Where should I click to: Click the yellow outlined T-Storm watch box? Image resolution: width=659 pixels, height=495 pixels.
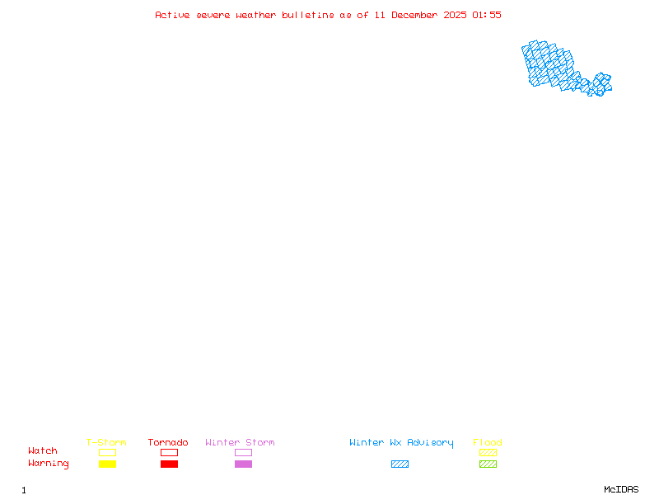107,452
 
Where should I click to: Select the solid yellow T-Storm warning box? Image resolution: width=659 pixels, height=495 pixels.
107,464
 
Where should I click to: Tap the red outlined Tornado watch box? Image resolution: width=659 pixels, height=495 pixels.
169,452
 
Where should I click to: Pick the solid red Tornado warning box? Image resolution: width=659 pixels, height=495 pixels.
169,464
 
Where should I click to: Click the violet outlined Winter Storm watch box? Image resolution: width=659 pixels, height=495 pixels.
243,452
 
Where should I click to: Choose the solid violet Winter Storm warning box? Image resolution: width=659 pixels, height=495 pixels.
243,464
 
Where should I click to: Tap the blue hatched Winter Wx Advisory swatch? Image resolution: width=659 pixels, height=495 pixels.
400,464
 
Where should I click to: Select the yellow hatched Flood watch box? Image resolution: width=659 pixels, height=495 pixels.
488,452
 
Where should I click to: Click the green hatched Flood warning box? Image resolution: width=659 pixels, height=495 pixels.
488,464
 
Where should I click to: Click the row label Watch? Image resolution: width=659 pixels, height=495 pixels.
43,451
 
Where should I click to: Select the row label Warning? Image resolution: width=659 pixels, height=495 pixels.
49,464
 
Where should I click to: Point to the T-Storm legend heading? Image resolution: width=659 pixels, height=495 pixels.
106,443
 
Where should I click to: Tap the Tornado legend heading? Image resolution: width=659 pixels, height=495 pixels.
168,443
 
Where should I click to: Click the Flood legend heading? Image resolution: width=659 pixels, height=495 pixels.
488,443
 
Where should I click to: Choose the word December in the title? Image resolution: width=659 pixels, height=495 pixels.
416,15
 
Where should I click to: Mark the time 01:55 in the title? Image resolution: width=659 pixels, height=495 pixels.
486,15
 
